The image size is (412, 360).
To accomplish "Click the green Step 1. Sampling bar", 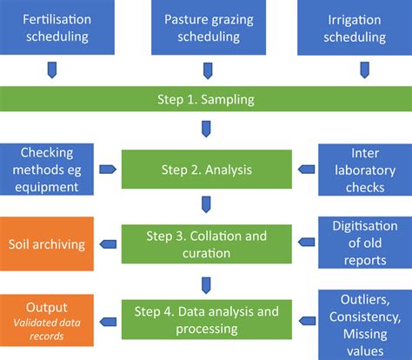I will (x=205, y=99).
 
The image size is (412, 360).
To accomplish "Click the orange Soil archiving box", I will (x=48, y=244).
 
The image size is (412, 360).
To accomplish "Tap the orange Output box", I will (x=48, y=317).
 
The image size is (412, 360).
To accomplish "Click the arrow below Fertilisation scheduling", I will (x=51, y=69).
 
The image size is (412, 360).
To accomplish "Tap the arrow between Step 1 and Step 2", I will (x=205, y=130).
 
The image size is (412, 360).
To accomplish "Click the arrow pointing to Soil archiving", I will (x=108, y=244).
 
